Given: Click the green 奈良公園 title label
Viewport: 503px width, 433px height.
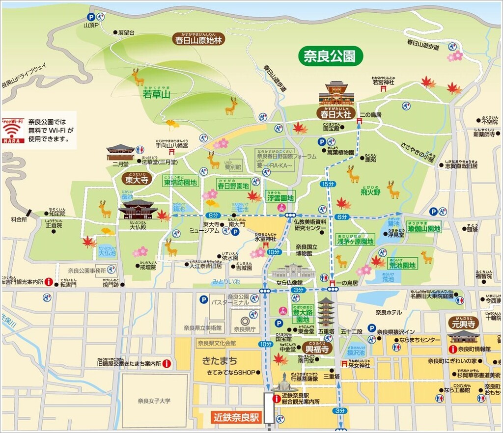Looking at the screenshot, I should (x=330, y=56).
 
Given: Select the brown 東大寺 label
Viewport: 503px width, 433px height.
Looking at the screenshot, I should (x=135, y=180).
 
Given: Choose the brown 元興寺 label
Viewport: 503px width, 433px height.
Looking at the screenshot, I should (x=462, y=324).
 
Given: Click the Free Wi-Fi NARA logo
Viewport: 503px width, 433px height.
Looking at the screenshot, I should (x=13, y=131).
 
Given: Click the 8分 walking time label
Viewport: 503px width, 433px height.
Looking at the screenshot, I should (x=212, y=215).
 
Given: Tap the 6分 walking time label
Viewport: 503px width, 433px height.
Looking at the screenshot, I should (x=342, y=216).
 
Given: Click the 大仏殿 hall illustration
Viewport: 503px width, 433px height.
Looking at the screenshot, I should (x=138, y=210).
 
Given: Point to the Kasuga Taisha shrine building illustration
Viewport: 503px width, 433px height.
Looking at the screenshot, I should (x=336, y=94).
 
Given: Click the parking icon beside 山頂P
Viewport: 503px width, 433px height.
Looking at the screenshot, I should (x=91, y=17).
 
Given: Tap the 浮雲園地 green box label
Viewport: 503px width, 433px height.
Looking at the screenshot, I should (x=280, y=198).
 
